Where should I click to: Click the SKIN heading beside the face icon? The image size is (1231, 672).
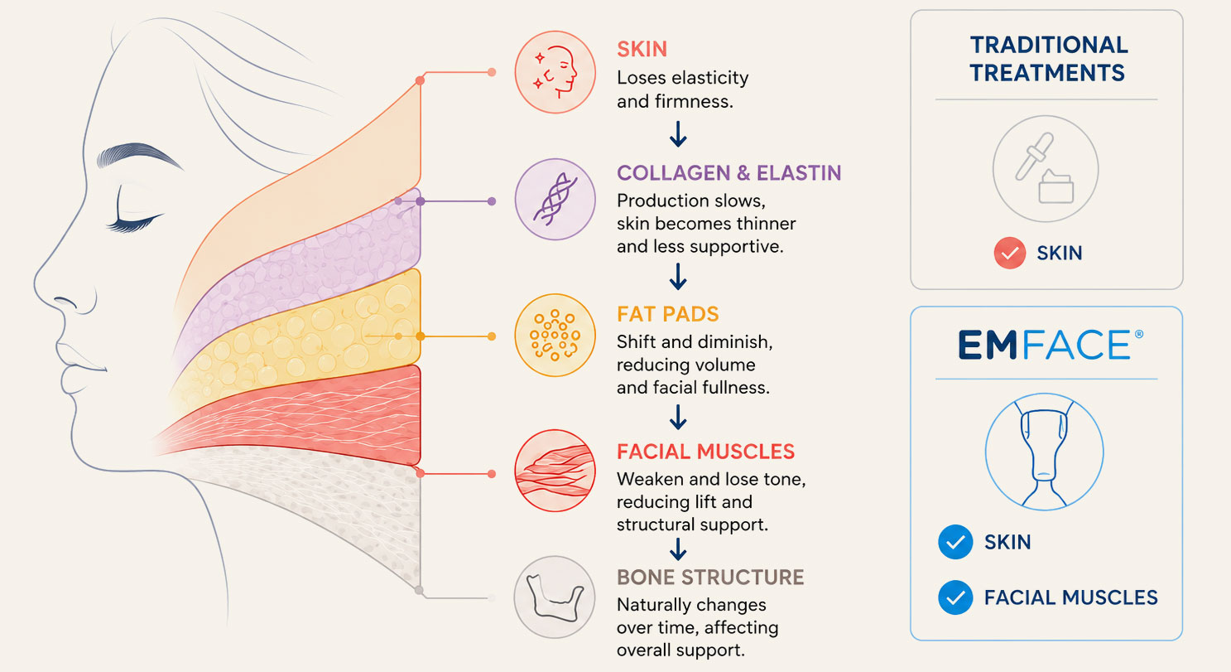642,50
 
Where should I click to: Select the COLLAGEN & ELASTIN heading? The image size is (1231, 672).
729,173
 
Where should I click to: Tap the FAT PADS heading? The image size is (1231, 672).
668,314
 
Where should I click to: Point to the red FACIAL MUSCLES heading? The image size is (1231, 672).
705,452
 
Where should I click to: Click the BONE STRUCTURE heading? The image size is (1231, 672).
710,578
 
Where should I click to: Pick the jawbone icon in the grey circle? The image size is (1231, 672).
555,597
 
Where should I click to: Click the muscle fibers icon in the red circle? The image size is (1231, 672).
555,471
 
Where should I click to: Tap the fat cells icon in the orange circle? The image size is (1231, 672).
555,335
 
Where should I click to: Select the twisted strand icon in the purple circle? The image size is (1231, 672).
555,199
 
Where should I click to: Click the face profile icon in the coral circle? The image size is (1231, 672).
555,72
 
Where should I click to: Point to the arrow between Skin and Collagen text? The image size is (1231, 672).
678,134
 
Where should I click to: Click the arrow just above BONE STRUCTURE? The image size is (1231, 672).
678,549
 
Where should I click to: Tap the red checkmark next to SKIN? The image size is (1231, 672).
1009,253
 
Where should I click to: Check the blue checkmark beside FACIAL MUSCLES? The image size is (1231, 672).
955,597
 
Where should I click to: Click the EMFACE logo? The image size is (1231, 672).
1051,345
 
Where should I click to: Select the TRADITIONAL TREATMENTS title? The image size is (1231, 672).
1049,59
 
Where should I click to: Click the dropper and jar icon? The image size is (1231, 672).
1045,168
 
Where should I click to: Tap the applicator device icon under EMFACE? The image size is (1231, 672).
1044,452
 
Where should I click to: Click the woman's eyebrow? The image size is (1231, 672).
138,154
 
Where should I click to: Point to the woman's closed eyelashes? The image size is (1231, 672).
135,223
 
